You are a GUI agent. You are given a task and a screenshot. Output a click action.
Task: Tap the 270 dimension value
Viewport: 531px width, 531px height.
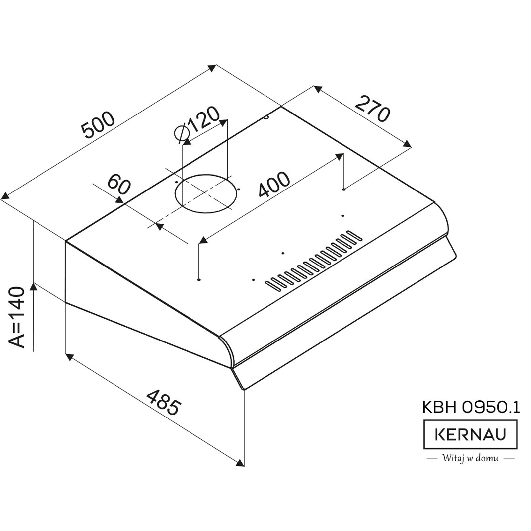372,109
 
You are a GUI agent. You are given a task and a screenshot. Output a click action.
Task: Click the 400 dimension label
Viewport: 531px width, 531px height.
274,184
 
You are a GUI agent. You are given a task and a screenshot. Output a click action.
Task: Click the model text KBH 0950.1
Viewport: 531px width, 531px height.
471,407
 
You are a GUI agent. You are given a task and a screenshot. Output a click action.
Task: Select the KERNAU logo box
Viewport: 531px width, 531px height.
470,434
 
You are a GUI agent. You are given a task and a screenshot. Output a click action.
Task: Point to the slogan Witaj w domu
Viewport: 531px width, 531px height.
470,459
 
